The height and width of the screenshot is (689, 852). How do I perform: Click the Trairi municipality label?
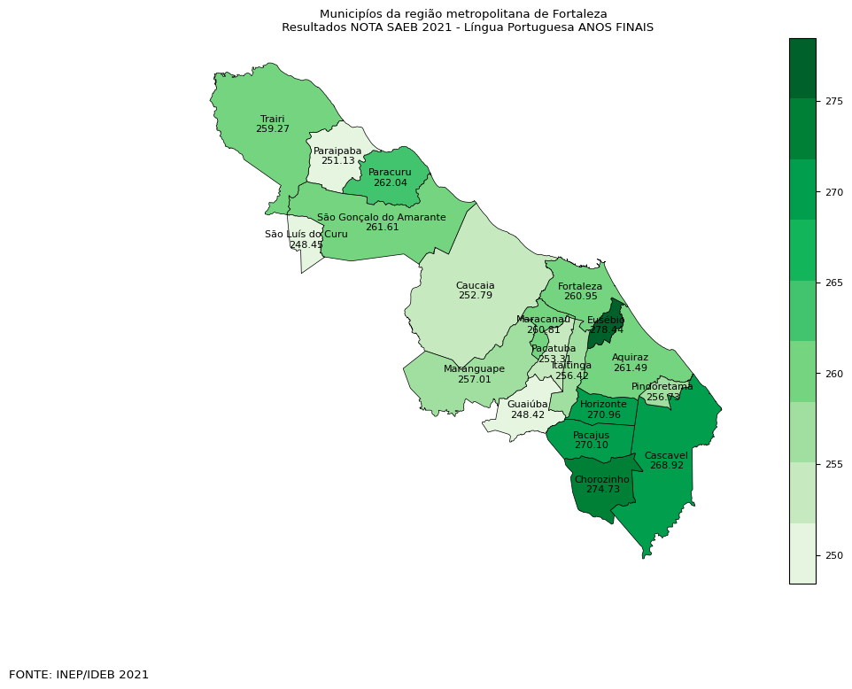(272, 118)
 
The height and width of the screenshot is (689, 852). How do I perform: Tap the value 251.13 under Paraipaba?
(337, 161)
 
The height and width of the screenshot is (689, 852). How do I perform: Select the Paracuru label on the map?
(390, 172)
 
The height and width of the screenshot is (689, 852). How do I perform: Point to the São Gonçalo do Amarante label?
(382, 217)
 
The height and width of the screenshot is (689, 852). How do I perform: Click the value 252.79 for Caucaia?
(475, 295)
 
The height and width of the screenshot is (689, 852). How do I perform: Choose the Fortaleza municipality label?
(580, 286)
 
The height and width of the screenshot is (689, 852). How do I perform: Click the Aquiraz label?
(630, 357)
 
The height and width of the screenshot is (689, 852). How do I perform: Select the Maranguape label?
(474, 368)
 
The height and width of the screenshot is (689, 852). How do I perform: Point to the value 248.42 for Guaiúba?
(527, 414)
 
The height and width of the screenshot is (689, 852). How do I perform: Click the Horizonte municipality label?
(603, 404)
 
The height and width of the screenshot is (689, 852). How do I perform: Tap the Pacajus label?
(591, 435)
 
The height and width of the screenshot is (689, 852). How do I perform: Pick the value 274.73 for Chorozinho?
(601, 489)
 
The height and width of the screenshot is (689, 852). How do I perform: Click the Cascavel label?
(666, 455)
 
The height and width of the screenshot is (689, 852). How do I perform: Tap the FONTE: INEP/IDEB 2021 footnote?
(79, 675)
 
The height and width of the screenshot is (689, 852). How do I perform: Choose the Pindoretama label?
(662, 387)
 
